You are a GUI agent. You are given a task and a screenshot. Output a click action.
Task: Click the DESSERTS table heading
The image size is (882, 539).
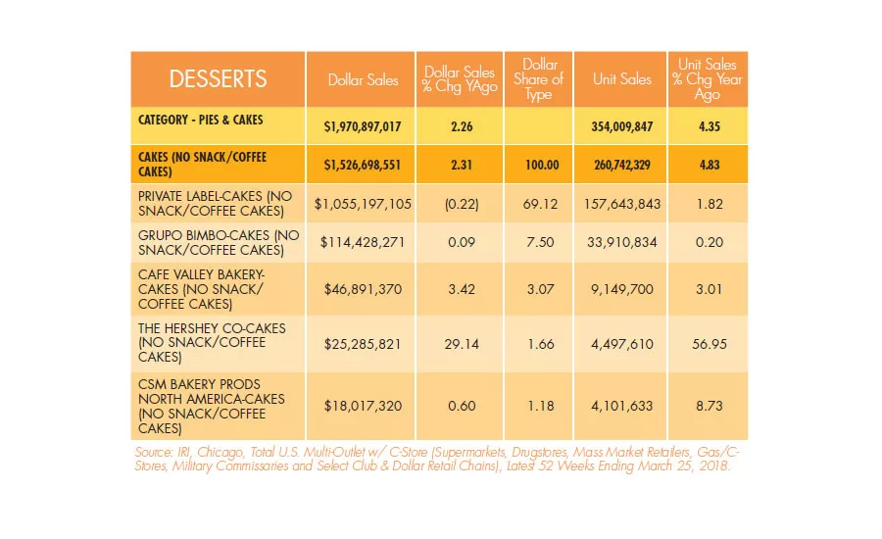pos(218,79)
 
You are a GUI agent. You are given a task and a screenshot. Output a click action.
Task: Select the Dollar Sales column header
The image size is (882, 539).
pos(363,80)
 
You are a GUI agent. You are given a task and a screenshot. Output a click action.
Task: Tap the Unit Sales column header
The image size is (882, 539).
pos(621,79)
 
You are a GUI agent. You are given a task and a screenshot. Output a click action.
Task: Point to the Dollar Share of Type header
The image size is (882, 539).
pos(538,79)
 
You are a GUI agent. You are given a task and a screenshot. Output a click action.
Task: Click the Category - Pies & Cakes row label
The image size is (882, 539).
pos(200,120)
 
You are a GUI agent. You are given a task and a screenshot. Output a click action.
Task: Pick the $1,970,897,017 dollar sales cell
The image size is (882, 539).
pos(363,126)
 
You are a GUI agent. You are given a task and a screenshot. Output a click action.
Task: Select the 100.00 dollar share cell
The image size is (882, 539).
pos(542,165)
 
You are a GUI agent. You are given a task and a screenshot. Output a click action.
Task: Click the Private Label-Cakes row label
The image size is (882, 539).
pos(215,203)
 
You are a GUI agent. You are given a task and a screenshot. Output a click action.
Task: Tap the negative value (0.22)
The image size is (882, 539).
pos(462,204)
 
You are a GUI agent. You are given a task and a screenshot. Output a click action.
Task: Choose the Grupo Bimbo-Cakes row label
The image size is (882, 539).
pos(219,242)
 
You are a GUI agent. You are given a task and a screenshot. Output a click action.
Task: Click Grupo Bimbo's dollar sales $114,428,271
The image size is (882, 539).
pos(363,242)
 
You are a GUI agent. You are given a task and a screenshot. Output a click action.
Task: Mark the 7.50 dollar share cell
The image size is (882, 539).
pos(540,242)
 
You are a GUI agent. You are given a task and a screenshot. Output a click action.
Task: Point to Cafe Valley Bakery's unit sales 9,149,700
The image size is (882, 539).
pos(621,290)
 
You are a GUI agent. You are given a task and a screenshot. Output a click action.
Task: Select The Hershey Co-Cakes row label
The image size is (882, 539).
pos(212,343)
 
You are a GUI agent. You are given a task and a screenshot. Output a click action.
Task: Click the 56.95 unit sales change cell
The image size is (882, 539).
pos(709,344)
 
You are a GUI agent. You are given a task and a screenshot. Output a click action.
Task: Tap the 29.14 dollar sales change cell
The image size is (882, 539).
pos(462,344)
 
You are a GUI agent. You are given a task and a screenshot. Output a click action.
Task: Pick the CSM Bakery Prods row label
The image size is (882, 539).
pos(211,407)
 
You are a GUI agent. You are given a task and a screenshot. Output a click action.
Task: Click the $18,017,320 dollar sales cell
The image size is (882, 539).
pos(363,407)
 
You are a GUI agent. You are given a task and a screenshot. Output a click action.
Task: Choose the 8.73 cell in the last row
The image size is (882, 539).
pos(709,406)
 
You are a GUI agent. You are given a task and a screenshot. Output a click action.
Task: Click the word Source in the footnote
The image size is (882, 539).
pos(153,453)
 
